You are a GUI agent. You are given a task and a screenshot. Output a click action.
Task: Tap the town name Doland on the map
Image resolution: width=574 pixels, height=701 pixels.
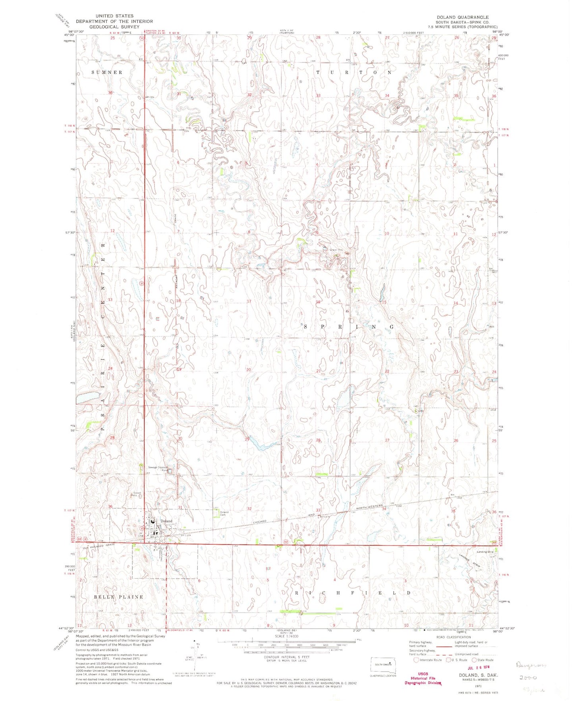167,521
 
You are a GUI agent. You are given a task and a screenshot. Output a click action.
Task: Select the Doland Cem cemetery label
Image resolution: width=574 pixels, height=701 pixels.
224,513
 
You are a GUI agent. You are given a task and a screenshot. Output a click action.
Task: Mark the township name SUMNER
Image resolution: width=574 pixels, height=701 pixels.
107,72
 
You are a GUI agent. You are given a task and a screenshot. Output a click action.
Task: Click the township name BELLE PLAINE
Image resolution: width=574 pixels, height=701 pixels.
113,597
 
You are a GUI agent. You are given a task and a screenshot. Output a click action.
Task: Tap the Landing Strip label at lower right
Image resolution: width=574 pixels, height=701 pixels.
485,552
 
